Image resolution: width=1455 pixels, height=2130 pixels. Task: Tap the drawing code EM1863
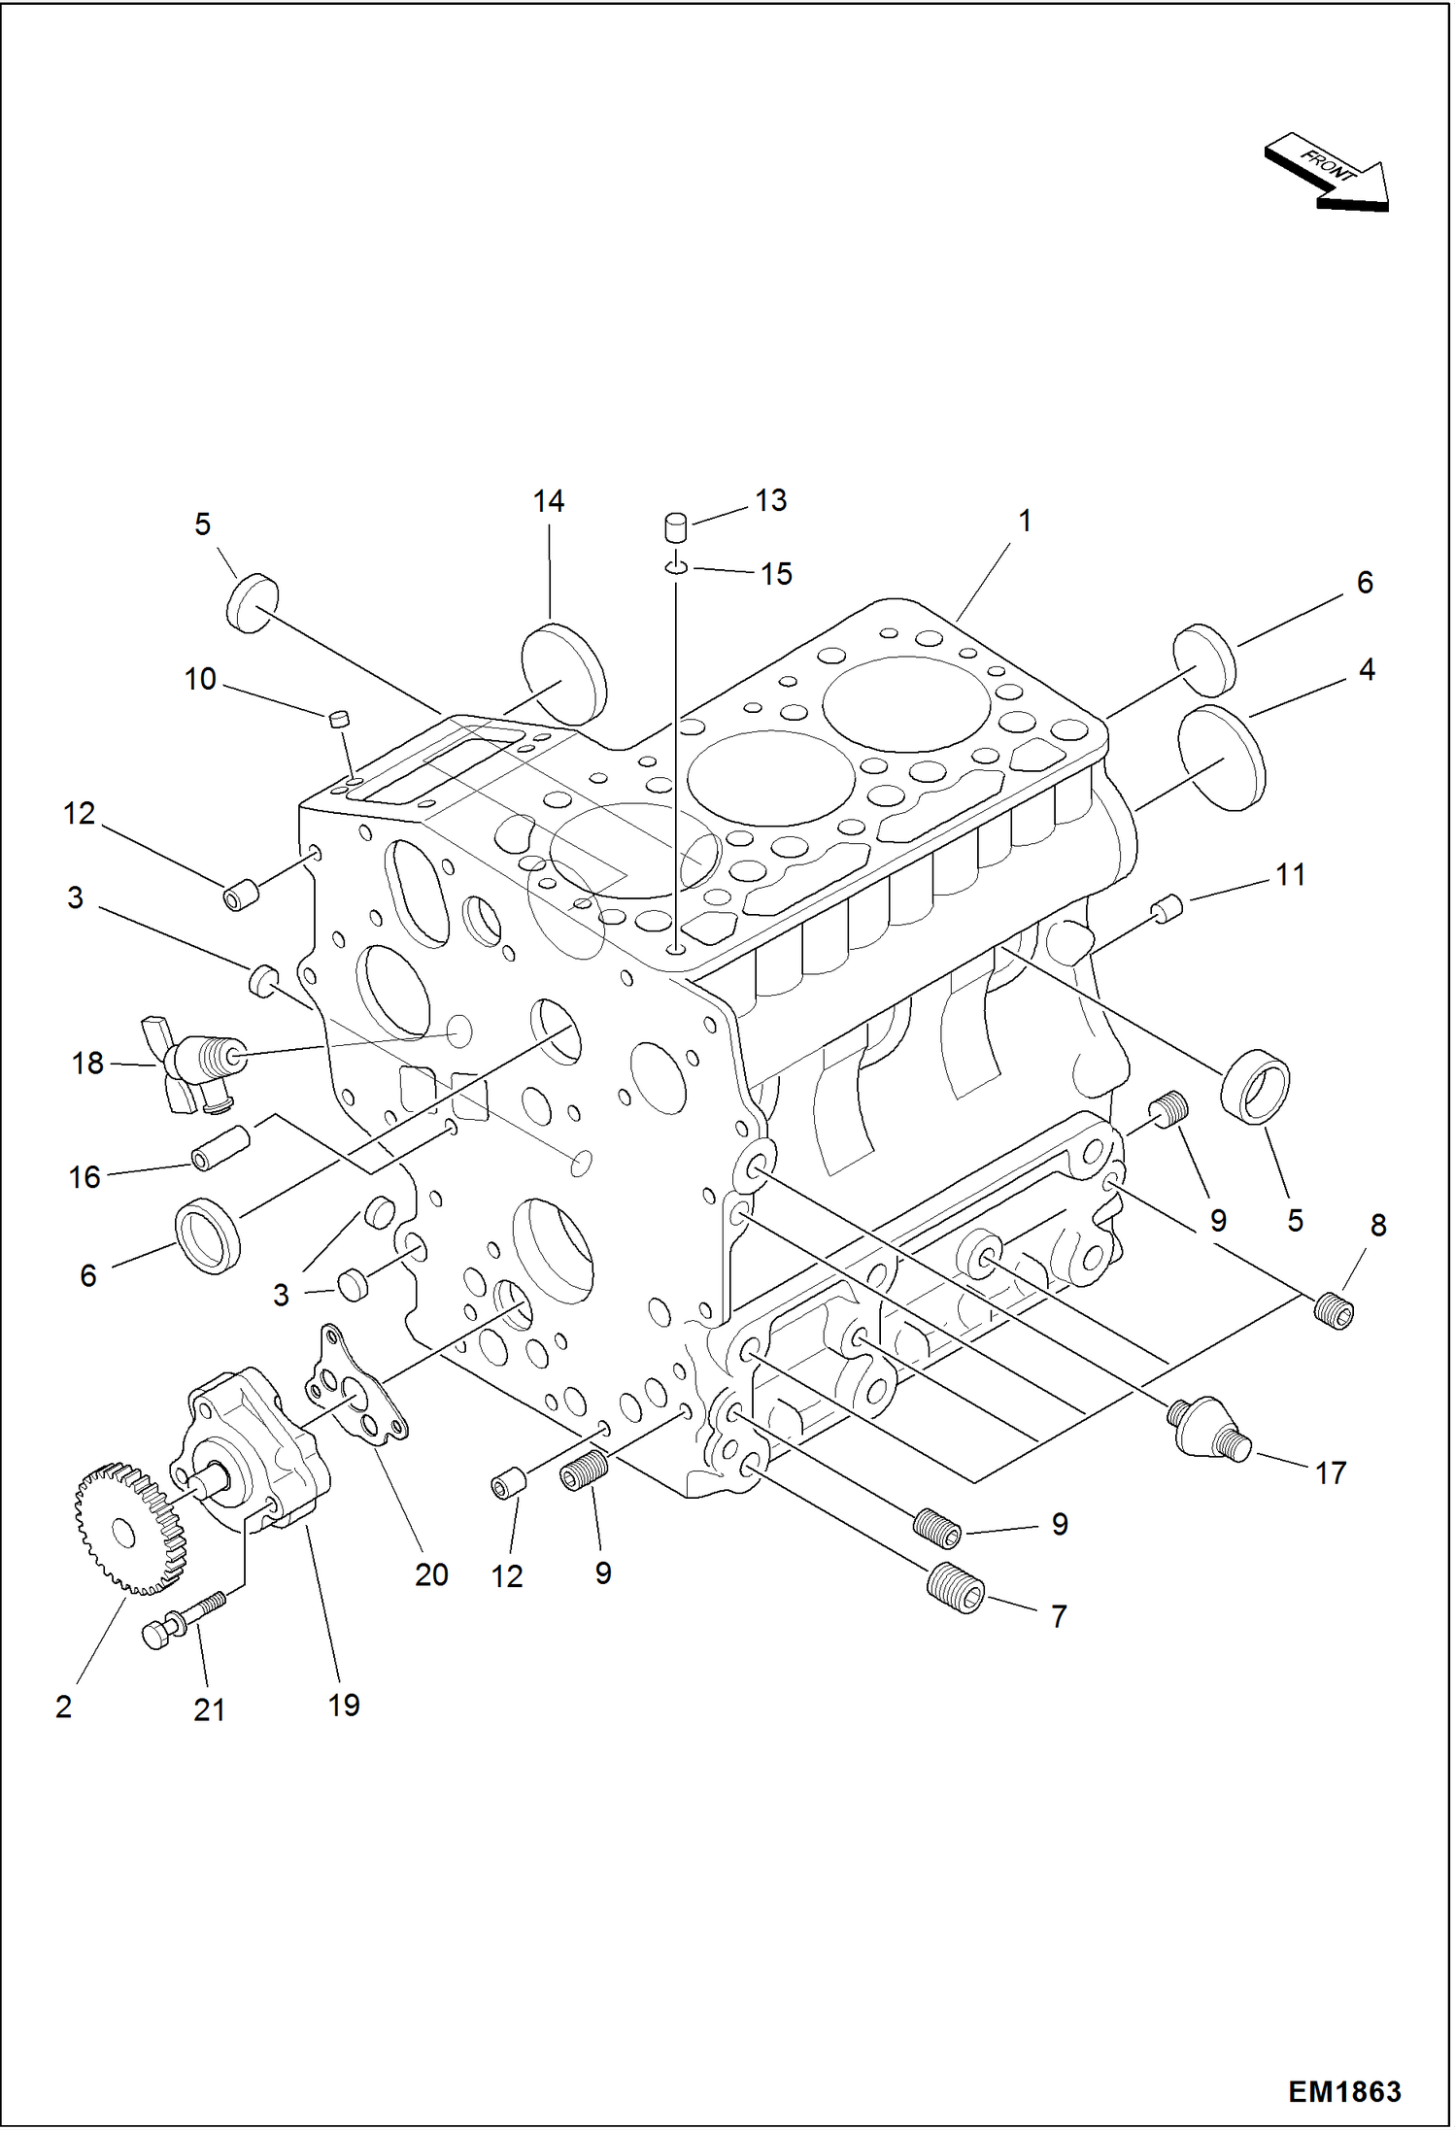tap(1343, 2091)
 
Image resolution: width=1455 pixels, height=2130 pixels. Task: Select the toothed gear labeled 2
tap(129, 1528)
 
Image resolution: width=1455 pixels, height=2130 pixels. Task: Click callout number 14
tap(548, 501)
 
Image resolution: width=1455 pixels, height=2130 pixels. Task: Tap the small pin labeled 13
tap(675, 527)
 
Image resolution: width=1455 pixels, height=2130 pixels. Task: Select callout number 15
tap(776, 574)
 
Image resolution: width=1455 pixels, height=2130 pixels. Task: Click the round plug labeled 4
tap(1221, 758)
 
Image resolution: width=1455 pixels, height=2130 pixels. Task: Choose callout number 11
tap(1290, 875)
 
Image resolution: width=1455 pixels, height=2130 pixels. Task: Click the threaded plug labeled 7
tap(956, 1587)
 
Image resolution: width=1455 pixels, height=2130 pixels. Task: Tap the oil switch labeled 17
tap(1207, 1427)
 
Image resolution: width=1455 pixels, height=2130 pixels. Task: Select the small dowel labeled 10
tap(338, 719)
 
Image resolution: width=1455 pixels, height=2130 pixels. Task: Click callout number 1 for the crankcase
tap(1024, 522)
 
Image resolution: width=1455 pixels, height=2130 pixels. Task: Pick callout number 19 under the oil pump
tap(344, 1705)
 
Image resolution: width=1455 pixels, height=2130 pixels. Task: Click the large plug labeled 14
tap(564, 674)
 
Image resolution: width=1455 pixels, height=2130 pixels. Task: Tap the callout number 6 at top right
tap(1364, 583)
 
